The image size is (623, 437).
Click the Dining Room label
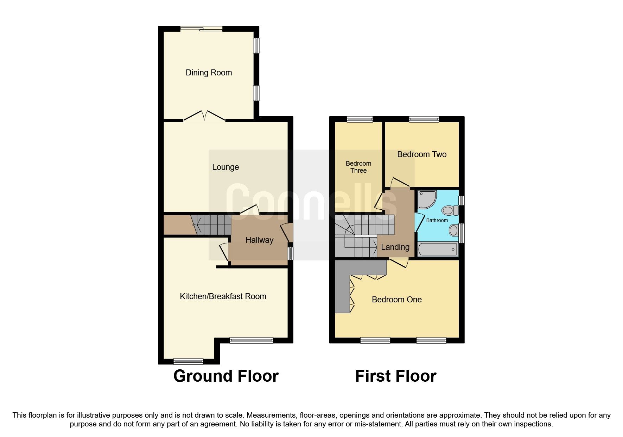point(209,73)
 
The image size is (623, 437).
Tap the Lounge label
point(225,167)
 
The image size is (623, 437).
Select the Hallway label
point(259,240)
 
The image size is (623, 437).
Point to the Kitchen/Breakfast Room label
point(223,296)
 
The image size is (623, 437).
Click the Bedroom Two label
point(422,154)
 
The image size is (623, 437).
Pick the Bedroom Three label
point(358,167)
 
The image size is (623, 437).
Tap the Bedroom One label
point(397,300)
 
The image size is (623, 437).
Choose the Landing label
point(395,247)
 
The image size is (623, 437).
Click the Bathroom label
point(437,220)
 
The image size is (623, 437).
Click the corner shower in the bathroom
point(426,199)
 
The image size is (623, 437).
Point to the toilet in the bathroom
point(450,210)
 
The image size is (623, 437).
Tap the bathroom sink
point(454,231)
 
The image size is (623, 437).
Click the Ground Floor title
point(226,376)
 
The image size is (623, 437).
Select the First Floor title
point(396,376)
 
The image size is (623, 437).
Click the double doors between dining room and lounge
point(204,116)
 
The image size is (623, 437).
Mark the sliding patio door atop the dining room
point(201,29)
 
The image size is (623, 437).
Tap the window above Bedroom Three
point(360,119)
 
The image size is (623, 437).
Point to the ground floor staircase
point(211,224)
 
